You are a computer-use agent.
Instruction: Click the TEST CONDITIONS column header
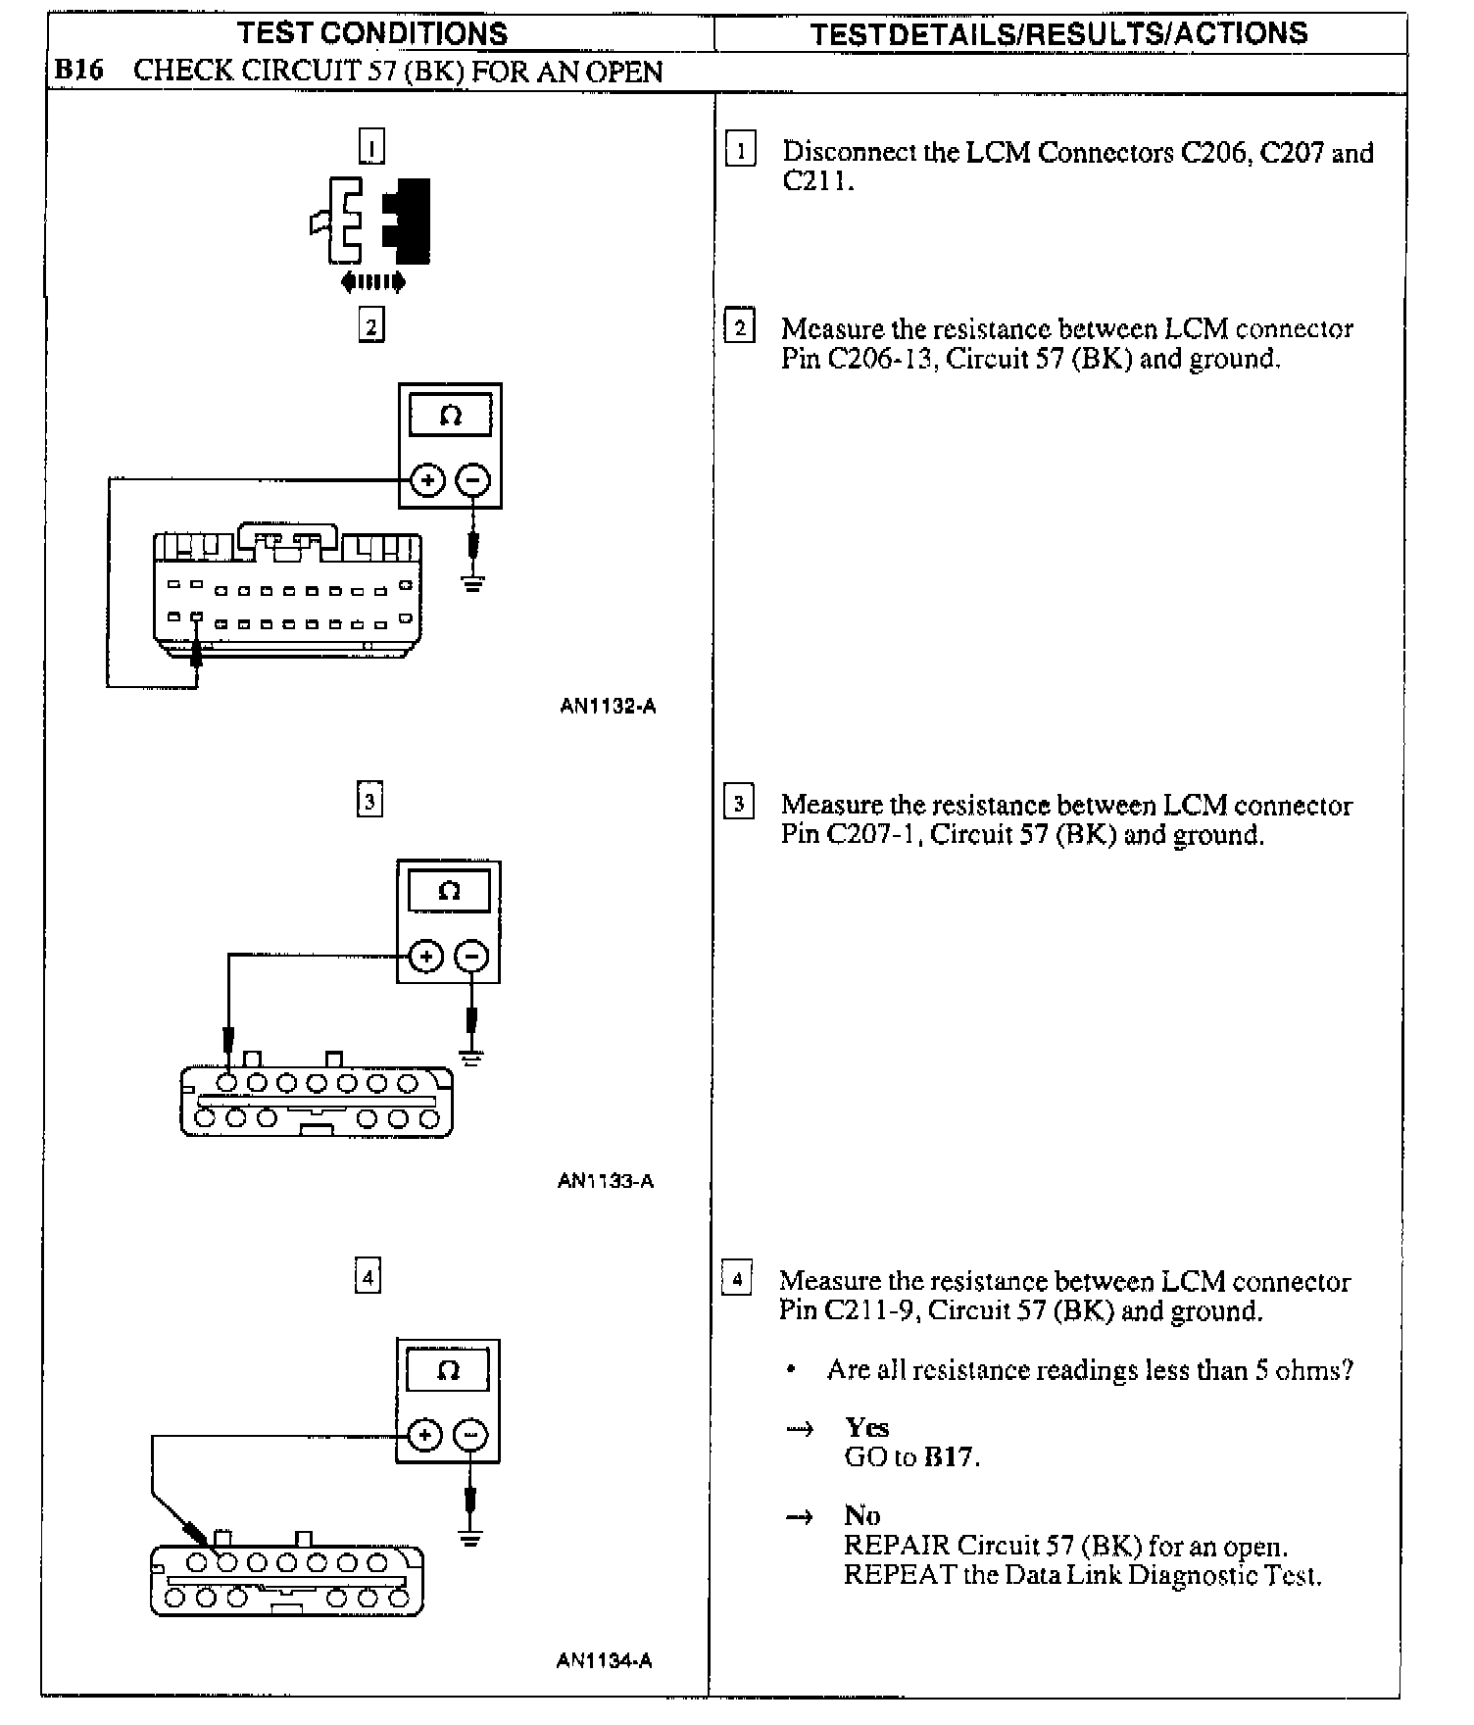point(372,33)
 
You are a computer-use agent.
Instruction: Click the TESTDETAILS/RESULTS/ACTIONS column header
point(1059,33)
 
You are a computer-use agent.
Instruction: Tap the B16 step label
point(78,72)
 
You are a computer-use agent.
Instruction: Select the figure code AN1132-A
point(608,706)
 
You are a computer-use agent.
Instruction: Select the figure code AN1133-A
point(606,1181)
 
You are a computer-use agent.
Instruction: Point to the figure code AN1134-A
point(604,1660)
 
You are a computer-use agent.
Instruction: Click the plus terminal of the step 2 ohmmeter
point(427,480)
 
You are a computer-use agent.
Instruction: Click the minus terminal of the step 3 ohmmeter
point(472,956)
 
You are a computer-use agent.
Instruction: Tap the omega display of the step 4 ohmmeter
point(448,1371)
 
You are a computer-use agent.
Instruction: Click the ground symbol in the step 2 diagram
point(474,585)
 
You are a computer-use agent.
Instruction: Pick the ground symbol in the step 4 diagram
point(471,1538)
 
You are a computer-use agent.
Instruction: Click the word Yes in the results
point(867,1427)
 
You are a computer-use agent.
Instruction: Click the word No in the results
point(861,1515)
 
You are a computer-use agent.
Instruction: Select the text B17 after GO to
point(949,1456)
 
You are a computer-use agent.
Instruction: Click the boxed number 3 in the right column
point(739,804)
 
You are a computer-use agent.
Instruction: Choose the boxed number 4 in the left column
point(368,1277)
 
